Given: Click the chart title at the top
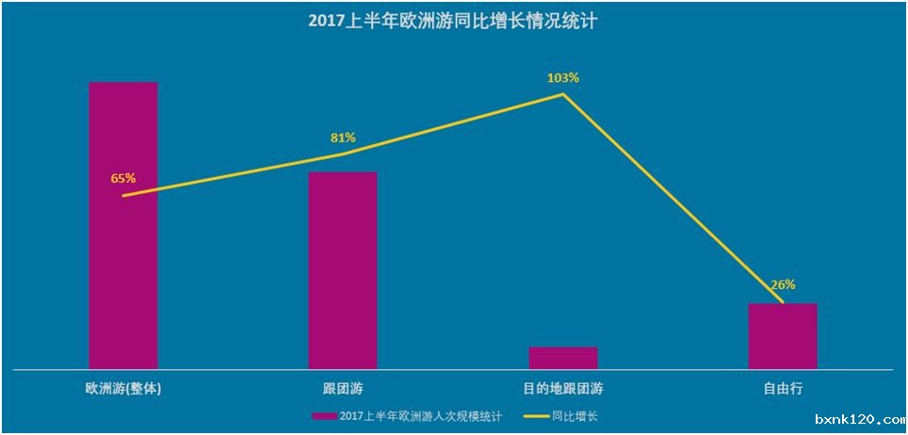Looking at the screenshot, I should tap(452, 20).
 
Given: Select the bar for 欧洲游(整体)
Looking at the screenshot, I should tap(123, 225).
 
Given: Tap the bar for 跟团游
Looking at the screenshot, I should tap(343, 270).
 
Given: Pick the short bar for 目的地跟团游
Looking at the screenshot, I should tap(563, 358).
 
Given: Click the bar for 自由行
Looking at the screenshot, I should tap(783, 336).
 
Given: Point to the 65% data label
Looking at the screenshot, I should tap(123, 178).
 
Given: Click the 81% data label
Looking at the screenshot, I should tap(343, 137).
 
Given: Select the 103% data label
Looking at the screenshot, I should tap(562, 77).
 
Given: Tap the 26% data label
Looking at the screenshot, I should tap(783, 284).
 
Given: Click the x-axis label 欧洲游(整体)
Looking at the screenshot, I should tap(123, 388).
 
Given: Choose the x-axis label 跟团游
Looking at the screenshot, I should tap(343, 388).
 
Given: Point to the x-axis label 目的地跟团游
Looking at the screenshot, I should tap(563, 388).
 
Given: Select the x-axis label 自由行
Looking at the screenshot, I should tap(783, 388).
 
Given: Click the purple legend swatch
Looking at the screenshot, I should tap(323, 415).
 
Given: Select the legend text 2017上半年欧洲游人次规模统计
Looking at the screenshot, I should tap(420, 415).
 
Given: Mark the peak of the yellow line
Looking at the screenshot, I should tap(563, 94).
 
